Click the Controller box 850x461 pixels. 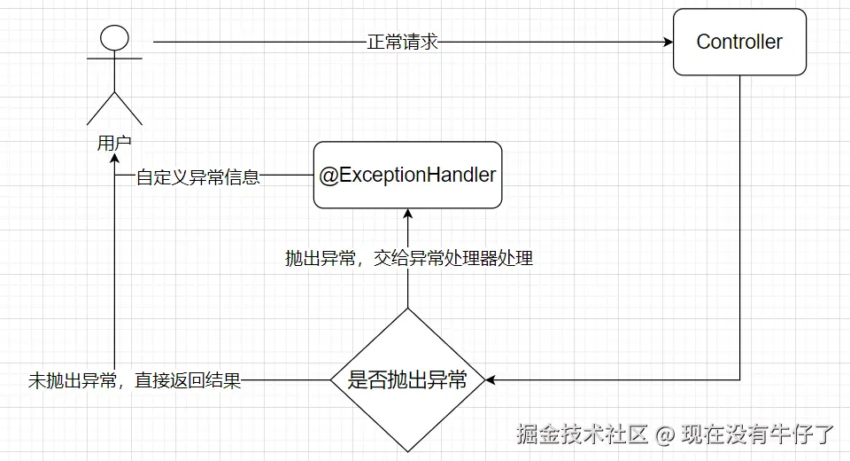click(x=739, y=42)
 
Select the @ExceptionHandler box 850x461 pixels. click(x=407, y=176)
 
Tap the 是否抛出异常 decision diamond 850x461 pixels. click(x=407, y=381)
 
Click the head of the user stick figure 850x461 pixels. click(x=113, y=38)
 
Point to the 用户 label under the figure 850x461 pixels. click(x=114, y=144)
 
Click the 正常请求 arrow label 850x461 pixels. click(x=403, y=42)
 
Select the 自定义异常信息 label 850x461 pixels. click(x=197, y=176)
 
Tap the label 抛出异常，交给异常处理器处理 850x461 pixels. click(x=408, y=259)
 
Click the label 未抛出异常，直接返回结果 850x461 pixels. click(x=135, y=382)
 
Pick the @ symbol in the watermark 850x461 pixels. click(x=665, y=434)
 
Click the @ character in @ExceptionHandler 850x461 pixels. click(x=328, y=176)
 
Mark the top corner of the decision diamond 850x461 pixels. click(x=407, y=309)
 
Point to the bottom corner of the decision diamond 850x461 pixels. click(x=407, y=452)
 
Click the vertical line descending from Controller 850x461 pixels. click(x=740, y=222)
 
